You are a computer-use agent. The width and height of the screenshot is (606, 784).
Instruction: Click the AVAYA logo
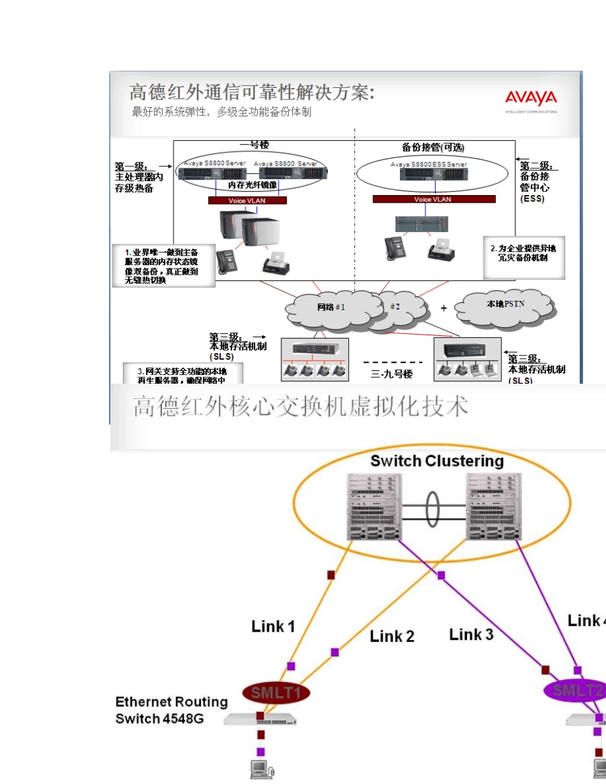pyautogui.click(x=531, y=98)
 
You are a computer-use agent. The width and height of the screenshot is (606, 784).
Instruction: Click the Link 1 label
pyautogui.click(x=273, y=626)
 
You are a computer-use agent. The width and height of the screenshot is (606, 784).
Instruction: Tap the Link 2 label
pyautogui.click(x=392, y=636)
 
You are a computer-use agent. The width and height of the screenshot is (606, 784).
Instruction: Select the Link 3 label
pyautogui.click(x=471, y=634)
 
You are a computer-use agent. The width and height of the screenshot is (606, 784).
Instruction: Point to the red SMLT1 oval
pyautogui.click(x=276, y=693)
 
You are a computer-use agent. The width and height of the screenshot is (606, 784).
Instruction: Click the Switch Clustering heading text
pyautogui.click(x=437, y=461)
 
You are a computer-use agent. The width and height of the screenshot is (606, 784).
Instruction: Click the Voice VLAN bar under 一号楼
pyautogui.click(x=248, y=200)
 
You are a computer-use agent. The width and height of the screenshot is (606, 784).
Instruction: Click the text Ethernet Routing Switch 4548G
pyautogui.click(x=171, y=710)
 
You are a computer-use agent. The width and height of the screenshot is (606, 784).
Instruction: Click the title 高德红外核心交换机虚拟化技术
pyautogui.click(x=300, y=407)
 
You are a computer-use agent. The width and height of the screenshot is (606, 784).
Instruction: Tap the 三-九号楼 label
pyautogui.click(x=392, y=374)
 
